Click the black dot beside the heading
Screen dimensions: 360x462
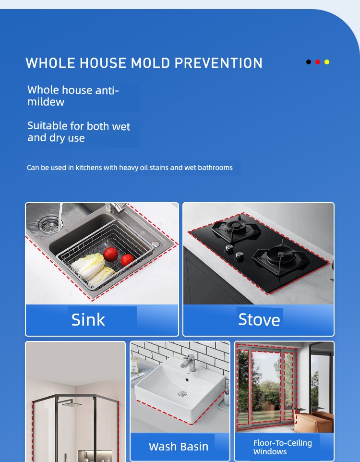coord(309,62)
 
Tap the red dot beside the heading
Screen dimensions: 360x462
coord(318,62)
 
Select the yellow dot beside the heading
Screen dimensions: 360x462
coord(327,62)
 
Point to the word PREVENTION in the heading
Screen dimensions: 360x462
coord(218,63)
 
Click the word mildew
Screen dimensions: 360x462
coord(46,102)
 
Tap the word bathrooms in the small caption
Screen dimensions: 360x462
coord(216,168)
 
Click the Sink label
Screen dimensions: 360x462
coord(88,320)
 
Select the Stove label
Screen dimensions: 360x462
coord(259,320)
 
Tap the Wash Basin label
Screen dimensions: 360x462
coord(179,446)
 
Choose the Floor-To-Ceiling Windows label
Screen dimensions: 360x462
coord(283,447)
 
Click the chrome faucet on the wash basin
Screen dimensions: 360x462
coord(189,363)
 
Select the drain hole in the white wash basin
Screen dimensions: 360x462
coord(183,393)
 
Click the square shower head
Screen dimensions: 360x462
coord(72,404)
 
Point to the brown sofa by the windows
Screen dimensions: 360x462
coord(313,422)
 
